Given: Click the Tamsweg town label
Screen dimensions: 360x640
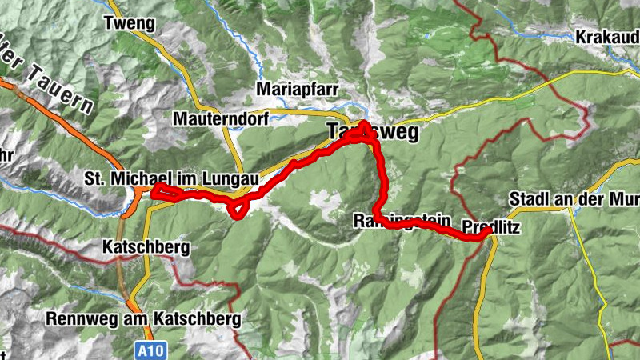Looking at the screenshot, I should (x=373, y=133).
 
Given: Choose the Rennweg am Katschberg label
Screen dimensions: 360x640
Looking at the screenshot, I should (x=166, y=318).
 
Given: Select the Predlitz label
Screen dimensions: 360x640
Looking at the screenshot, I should (x=491, y=227).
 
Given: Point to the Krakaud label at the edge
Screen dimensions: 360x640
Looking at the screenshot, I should (x=606, y=37).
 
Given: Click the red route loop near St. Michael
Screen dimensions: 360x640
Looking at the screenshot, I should (x=159, y=190).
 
